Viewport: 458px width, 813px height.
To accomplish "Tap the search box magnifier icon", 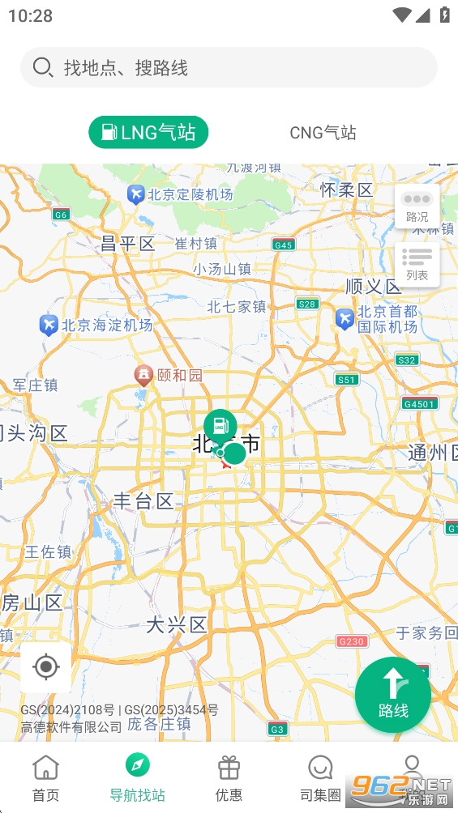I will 43,67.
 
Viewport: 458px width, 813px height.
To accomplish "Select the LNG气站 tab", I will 148,132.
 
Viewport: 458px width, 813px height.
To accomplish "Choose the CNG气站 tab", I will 323,133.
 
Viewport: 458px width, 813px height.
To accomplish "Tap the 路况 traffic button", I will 417,206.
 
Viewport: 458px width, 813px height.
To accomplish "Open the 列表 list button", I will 417,264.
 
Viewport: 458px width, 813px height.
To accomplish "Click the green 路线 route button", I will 393,695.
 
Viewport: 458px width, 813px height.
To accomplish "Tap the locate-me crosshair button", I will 46,667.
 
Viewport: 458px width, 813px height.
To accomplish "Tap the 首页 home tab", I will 46,777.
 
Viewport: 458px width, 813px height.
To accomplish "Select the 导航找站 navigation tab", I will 138,777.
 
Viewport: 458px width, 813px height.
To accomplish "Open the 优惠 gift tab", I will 229,777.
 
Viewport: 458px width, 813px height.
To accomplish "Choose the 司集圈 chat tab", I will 321,777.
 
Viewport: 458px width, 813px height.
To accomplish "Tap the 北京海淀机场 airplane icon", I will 49,326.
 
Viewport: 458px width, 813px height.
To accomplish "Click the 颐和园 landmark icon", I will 143,374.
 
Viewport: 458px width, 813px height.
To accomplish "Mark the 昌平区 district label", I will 127,244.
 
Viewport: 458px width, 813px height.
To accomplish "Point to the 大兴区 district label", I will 177,624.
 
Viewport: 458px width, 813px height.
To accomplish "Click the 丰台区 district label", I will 143,501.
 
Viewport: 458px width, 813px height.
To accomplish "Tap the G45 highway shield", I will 284,245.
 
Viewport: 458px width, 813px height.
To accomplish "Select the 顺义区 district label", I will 373,287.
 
